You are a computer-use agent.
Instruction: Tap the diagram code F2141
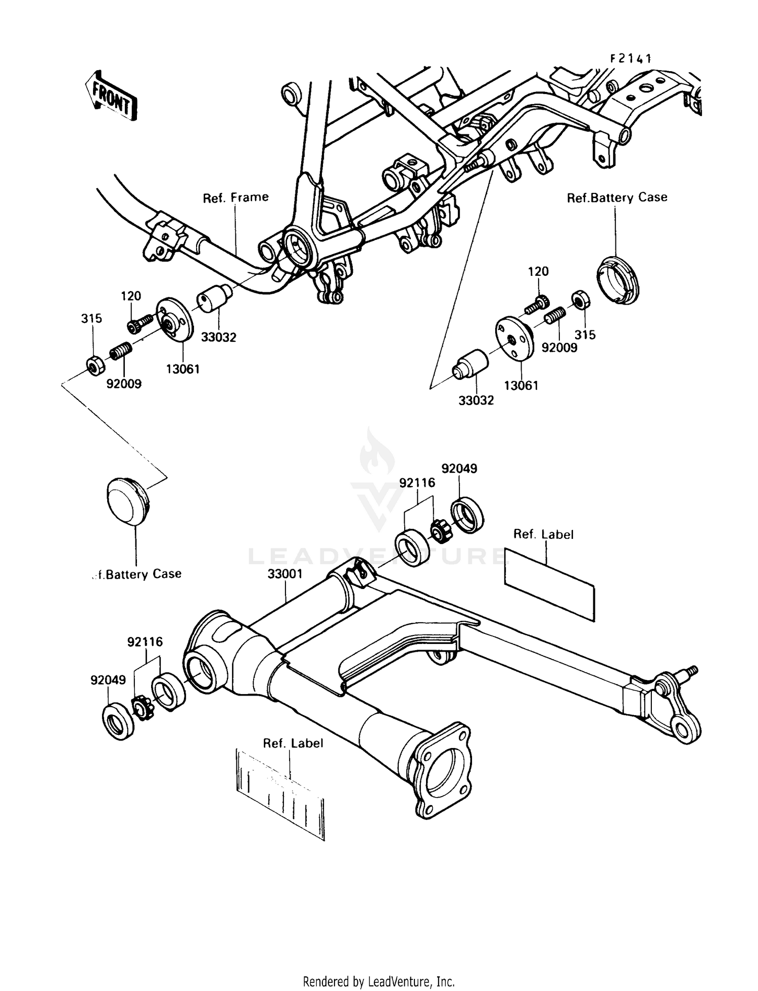[631, 59]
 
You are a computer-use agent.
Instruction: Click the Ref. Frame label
[235, 197]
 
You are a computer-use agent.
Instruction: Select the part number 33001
[285, 574]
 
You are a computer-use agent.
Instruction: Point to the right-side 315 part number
[585, 335]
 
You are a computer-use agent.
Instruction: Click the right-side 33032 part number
[476, 401]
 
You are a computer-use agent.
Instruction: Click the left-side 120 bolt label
[130, 296]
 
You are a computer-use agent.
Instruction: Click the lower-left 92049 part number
[108, 680]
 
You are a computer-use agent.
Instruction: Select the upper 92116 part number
[417, 483]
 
